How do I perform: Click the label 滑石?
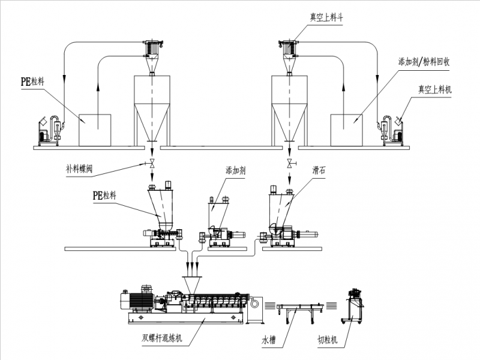pos(319,170)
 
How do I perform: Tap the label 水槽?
pos(268,340)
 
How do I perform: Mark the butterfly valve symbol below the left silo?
pos(151,164)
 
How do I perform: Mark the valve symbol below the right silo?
pos(290,164)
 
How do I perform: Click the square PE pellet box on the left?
pos(95,129)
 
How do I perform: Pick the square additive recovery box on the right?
pos(347,129)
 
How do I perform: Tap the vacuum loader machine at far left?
pos(49,129)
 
